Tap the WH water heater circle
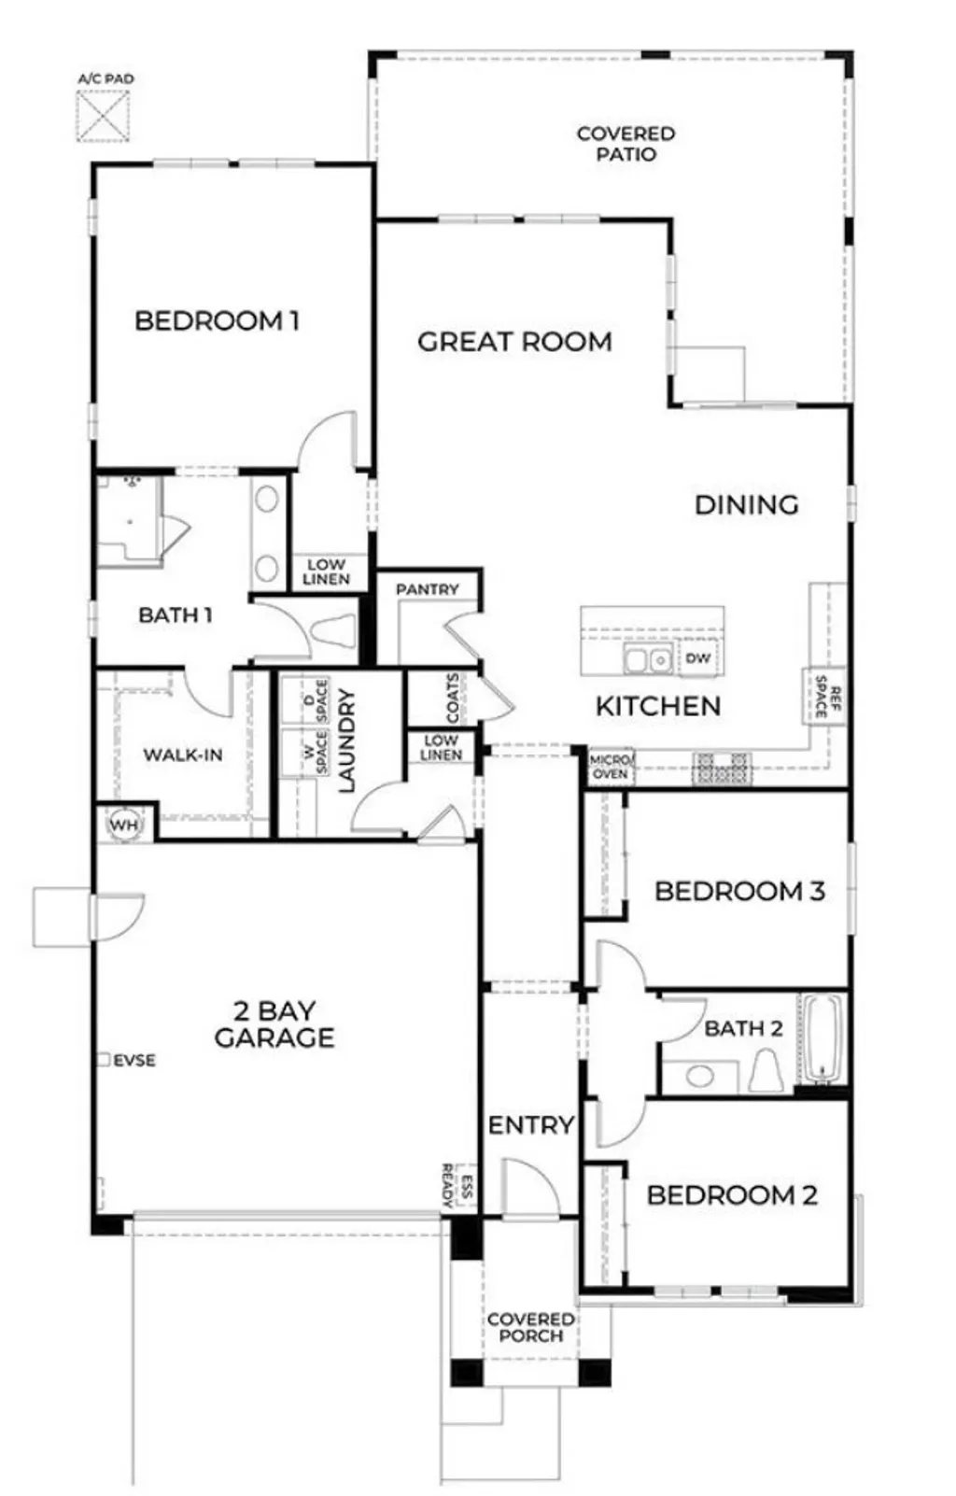click(x=123, y=826)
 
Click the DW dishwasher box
click(x=697, y=658)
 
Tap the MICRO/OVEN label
click(x=611, y=768)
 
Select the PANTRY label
click(x=427, y=589)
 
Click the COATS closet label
click(x=454, y=699)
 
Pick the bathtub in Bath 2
click(x=822, y=1039)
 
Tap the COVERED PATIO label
click(x=625, y=144)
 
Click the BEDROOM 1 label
click(x=217, y=321)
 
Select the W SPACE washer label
click(x=314, y=753)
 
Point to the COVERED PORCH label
click(x=530, y=1327)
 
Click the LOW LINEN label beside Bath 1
click(x=326, y=572)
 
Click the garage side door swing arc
click(x=119, y=919)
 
